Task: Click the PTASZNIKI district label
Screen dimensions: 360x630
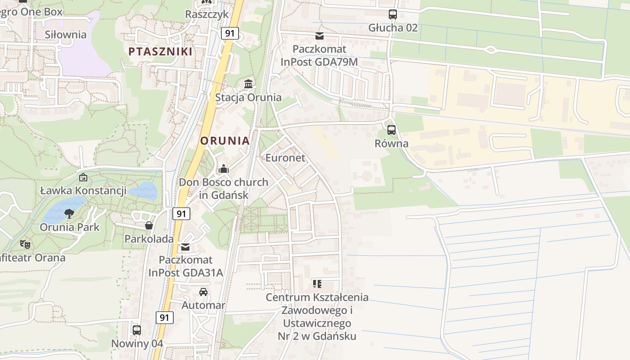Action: tap(161, 51)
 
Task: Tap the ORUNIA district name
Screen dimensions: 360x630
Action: tap(225, 141)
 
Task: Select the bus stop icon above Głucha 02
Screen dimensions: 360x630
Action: tap(393, 14)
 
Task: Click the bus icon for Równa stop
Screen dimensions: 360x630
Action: tap(391, 130)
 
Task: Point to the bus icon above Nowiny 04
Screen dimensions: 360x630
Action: tap(137, 330)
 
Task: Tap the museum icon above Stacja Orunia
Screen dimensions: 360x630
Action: tap(248, 84)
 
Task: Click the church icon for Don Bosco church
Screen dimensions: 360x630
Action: tap(224, 169)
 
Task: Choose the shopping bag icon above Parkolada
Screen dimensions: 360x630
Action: tap(149, 225)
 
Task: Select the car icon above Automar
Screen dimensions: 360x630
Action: tap(203, 292)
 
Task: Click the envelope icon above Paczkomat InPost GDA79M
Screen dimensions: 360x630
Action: tap(319, 36)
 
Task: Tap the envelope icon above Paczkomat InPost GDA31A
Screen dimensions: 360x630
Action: tap(185, 247)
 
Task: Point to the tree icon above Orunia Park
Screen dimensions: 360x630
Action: tap(69, 213)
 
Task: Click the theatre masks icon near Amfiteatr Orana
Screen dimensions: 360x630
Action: tap(25, 244)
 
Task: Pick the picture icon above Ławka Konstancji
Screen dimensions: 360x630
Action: tap(83, 177)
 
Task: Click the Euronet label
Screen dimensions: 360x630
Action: tap(285, 158)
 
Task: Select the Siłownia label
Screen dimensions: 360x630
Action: tap(66, 35)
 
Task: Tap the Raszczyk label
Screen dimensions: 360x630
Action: tap(207, 14)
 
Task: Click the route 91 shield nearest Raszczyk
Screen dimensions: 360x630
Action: tap(229, 33)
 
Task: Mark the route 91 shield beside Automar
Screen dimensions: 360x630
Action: tap(165, 318)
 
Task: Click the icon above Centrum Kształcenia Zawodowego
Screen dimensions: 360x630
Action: tap(317, 284)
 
